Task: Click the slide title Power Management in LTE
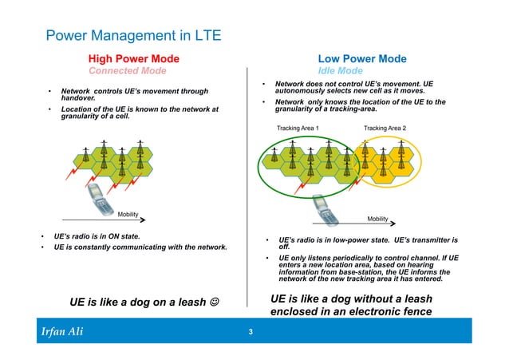tap(133, 36)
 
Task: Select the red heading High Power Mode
tap(134, 58)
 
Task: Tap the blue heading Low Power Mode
tap(362, 58)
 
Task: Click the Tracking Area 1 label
tap(298, 128)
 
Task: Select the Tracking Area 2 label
tap(385, 128)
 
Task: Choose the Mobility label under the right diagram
tap(377, 218)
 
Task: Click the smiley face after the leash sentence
tap(214, 303)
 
